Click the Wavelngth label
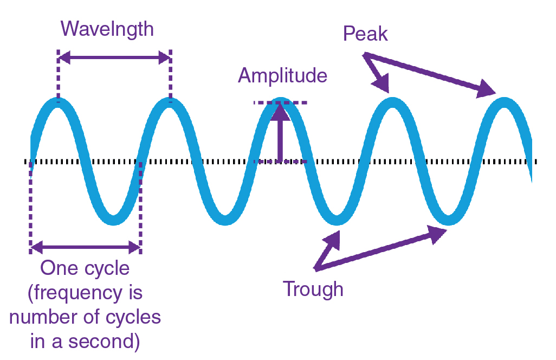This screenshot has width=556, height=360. (107, 29)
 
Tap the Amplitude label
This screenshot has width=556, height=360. (282, 75)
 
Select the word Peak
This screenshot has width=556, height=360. (365, 34)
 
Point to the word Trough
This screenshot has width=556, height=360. (313, 289)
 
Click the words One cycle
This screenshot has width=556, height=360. (85, 268)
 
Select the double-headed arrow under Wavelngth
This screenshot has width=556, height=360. (114, 57)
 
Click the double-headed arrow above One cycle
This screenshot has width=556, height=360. (86, 248)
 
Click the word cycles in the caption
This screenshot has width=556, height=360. (133, 317)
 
